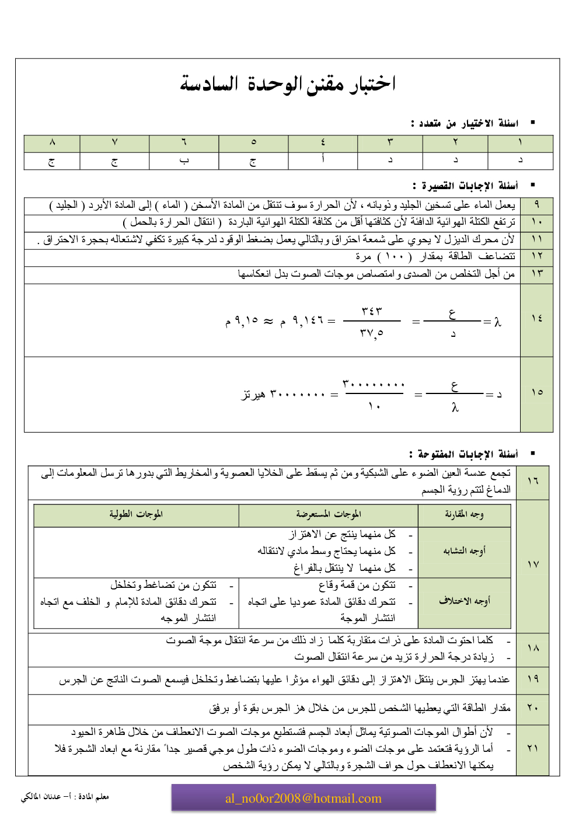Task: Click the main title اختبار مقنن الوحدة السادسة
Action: [288, 84]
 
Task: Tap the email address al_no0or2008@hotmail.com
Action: [304, 798]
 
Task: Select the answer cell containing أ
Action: [323, 160]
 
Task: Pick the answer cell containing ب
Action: [184, 161]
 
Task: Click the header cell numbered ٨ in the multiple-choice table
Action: [52, 142]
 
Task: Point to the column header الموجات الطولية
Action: [136, 514]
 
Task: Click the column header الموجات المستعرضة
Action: [329, 514]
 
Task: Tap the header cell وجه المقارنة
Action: [464, 514]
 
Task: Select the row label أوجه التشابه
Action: [464, 550]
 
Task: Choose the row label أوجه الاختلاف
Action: [464, 601]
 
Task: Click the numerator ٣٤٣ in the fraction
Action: [372, 311]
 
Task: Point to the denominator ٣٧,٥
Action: [372, 333]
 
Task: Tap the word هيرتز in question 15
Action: [254, 395]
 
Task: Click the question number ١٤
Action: [536, 318]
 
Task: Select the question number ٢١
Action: [532, 748]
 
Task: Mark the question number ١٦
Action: [532, 481]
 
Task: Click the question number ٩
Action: [536, 205]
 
